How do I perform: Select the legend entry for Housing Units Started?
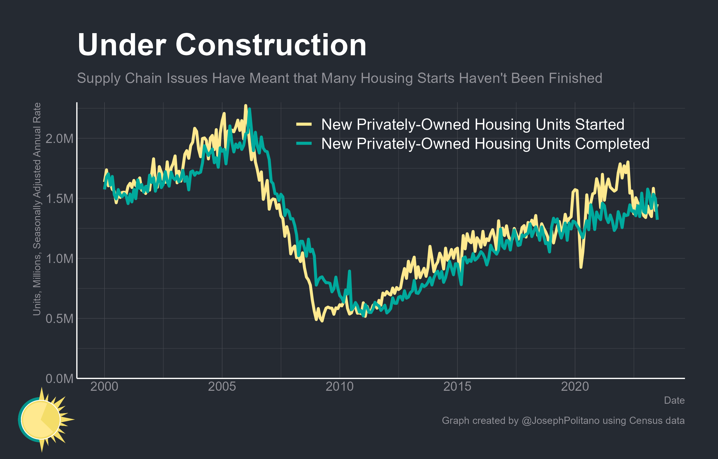[x=473, y=125]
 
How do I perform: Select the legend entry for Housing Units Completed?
[x=485, y=144]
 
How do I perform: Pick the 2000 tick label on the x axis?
[x=104, y=387]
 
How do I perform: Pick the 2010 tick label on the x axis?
[x=339, y=387]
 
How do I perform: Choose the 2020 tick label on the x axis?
[x=575, y=387]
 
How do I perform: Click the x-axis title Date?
[x=674, y=400]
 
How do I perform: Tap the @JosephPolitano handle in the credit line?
[x=560, y=420]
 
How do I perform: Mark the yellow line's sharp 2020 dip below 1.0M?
[x=581, y=266]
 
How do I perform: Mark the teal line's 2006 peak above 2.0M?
[x=250, y=110]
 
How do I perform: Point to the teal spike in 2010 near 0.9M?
[x=350, y=271]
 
